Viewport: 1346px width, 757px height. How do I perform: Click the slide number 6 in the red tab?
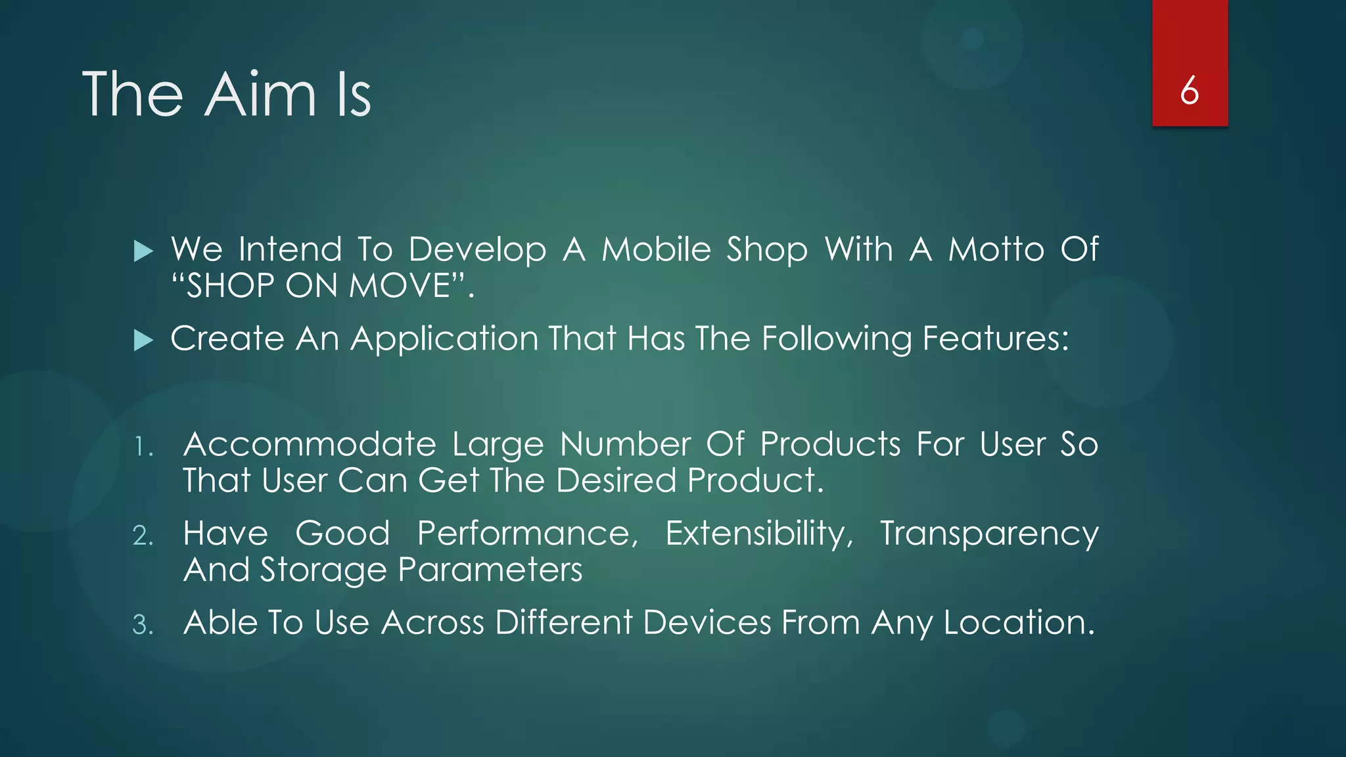(x=1189, y=91)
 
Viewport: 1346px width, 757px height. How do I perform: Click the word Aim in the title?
(x=261, y=95)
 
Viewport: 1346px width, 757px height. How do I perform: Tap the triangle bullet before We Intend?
(x=143, y=251)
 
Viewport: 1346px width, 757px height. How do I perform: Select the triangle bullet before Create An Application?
(x=143, y=340)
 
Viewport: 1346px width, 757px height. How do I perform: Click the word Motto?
(x=996, y=250)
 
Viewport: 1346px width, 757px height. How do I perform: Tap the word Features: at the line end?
(x=995, y=339)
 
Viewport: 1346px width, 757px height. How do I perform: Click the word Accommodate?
(x=310, y=445)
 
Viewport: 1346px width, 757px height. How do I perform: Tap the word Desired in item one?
(x=616, y=480)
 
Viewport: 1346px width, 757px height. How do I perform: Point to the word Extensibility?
(x=759, y=534)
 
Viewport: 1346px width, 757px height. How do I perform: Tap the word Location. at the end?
(x=1019, y=622)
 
